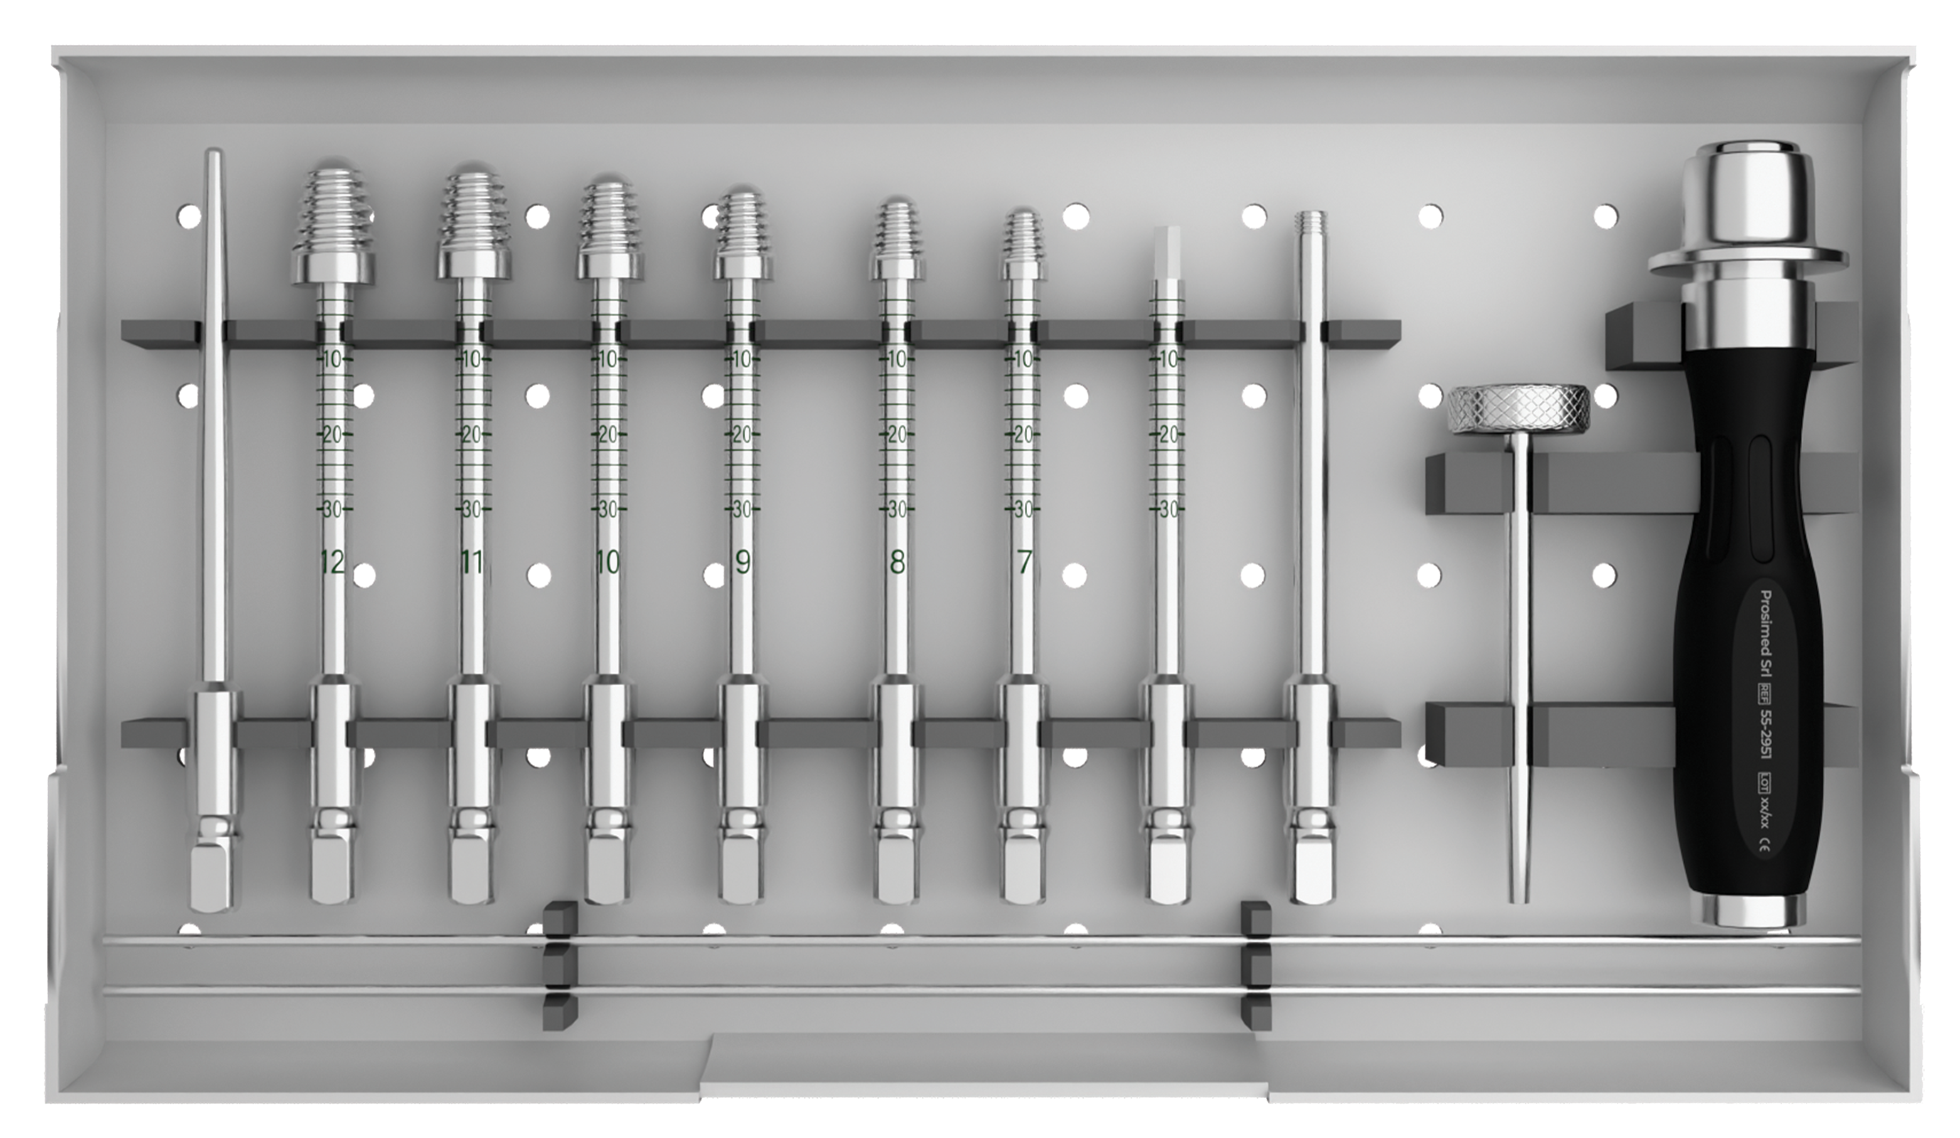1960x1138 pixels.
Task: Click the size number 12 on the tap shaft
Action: tap(332, 562)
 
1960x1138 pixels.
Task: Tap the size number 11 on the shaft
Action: tap(471, 562)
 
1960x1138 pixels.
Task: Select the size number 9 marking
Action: tap(743, 561)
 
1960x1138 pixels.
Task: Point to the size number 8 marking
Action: tap(897, 561)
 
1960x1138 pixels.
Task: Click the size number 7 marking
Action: tap(1023, 561)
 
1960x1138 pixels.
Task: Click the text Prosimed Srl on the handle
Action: tap(1767, 635)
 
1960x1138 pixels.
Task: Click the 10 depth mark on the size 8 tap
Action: tap(897, 359)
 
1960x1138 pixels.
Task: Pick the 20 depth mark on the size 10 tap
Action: tap(608, 434)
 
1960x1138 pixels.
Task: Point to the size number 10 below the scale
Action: tap(607, 562)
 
